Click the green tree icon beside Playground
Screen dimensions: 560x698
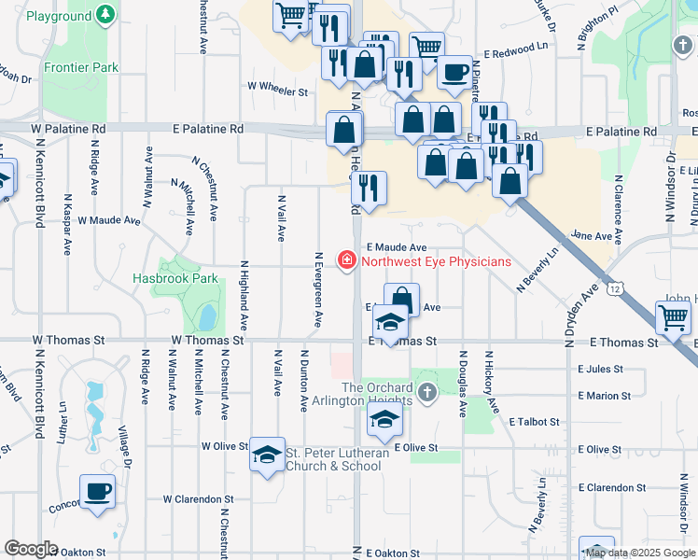coord(107,16)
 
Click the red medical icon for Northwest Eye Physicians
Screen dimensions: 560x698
coord(346,260)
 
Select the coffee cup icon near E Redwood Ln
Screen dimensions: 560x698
coord(454,71)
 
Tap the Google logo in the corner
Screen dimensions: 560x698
coord(32,549)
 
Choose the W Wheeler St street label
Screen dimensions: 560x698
coord(277,91)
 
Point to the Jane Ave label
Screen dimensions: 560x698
coord(590,237)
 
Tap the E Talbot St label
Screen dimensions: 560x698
coord(535,422)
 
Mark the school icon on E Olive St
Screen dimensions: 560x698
coord(384,421)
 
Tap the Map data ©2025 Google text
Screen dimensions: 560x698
coord(640,553)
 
